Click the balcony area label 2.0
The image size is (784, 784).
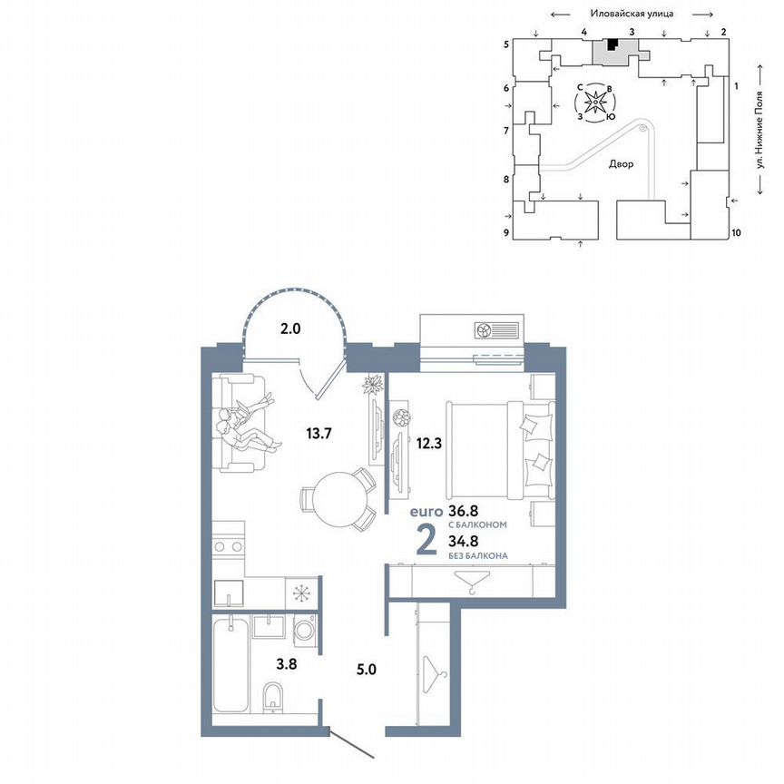290,329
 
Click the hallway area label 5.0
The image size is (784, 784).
367,671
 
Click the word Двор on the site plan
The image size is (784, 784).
622,164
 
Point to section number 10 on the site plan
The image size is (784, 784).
736,233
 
